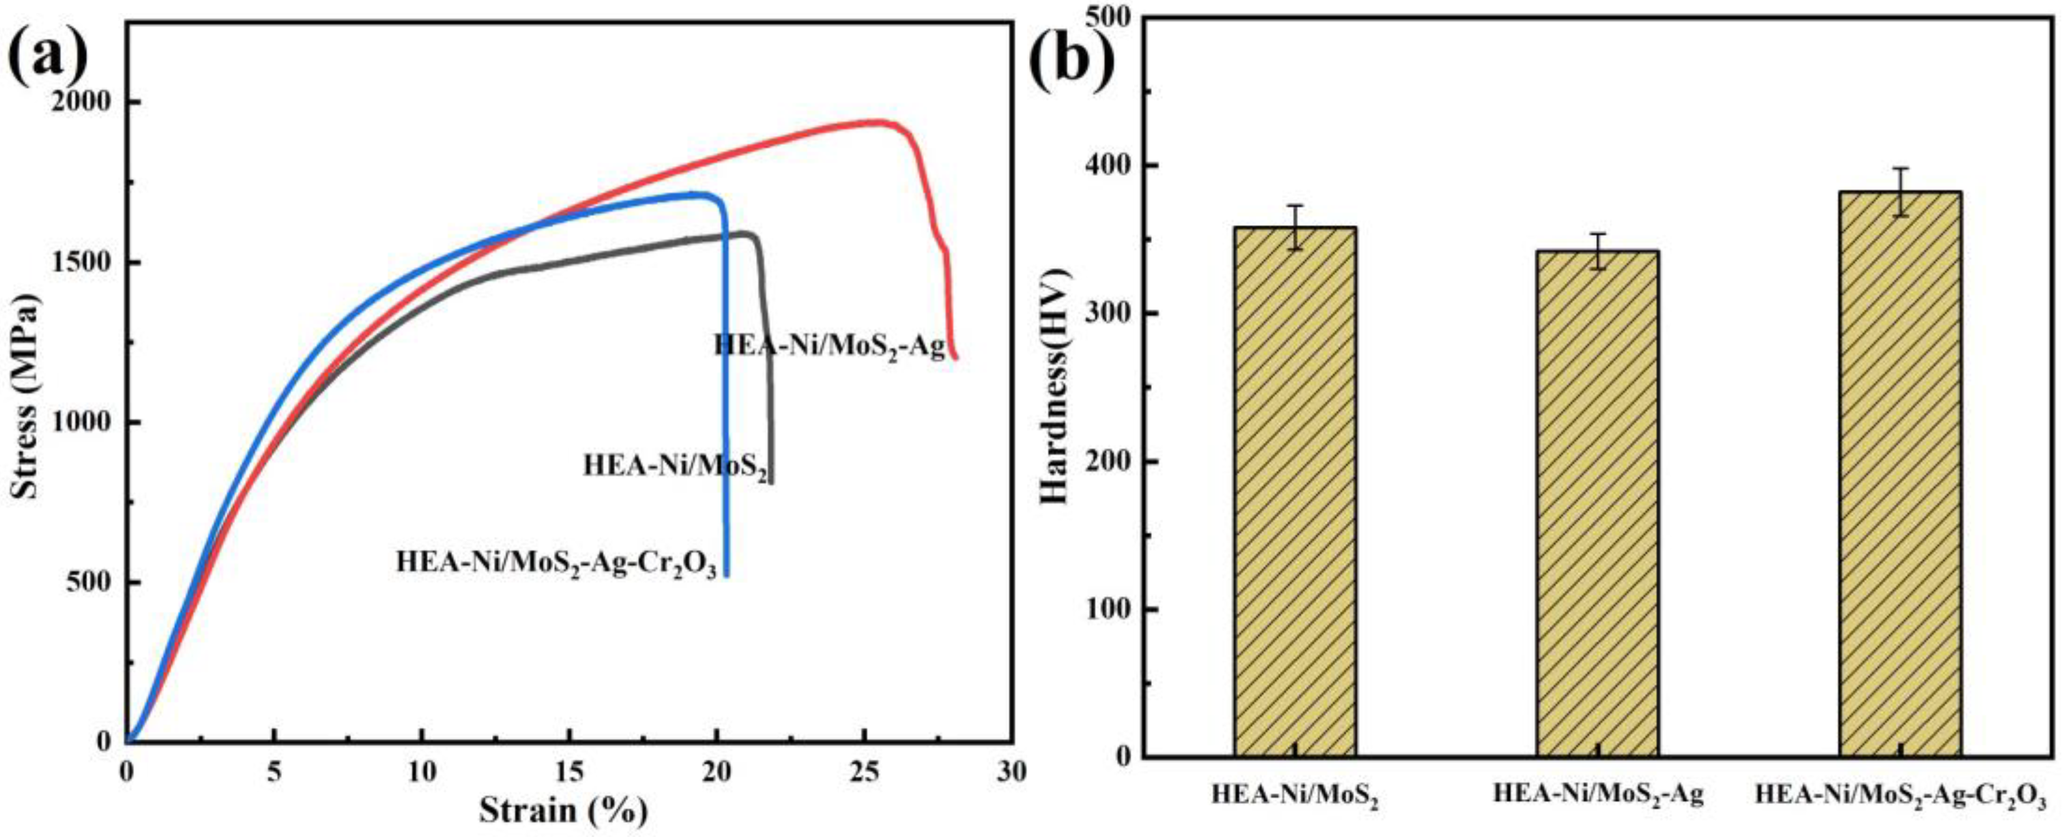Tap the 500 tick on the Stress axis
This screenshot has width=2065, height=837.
point(88,582)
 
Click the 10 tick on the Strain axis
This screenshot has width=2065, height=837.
point(422,772)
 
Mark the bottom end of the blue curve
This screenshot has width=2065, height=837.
point(727,574)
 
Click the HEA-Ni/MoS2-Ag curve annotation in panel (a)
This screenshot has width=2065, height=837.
point(829,346)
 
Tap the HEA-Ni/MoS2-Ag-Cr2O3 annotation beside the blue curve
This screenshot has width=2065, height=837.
point(556,563)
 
